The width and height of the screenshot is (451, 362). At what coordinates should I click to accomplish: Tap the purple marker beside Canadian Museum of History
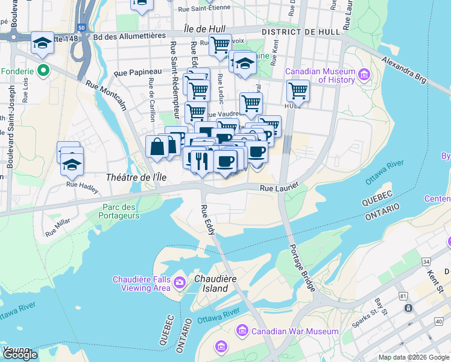point(364,75)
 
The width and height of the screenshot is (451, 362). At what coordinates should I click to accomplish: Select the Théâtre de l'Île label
point(135,177)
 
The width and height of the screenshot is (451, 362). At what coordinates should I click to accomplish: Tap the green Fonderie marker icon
point(43,71)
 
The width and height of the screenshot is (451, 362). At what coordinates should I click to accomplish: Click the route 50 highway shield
point(81,28)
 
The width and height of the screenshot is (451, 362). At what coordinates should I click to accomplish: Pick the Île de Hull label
point(209,30)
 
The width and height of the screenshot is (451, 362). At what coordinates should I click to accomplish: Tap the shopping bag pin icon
point(157,147)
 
